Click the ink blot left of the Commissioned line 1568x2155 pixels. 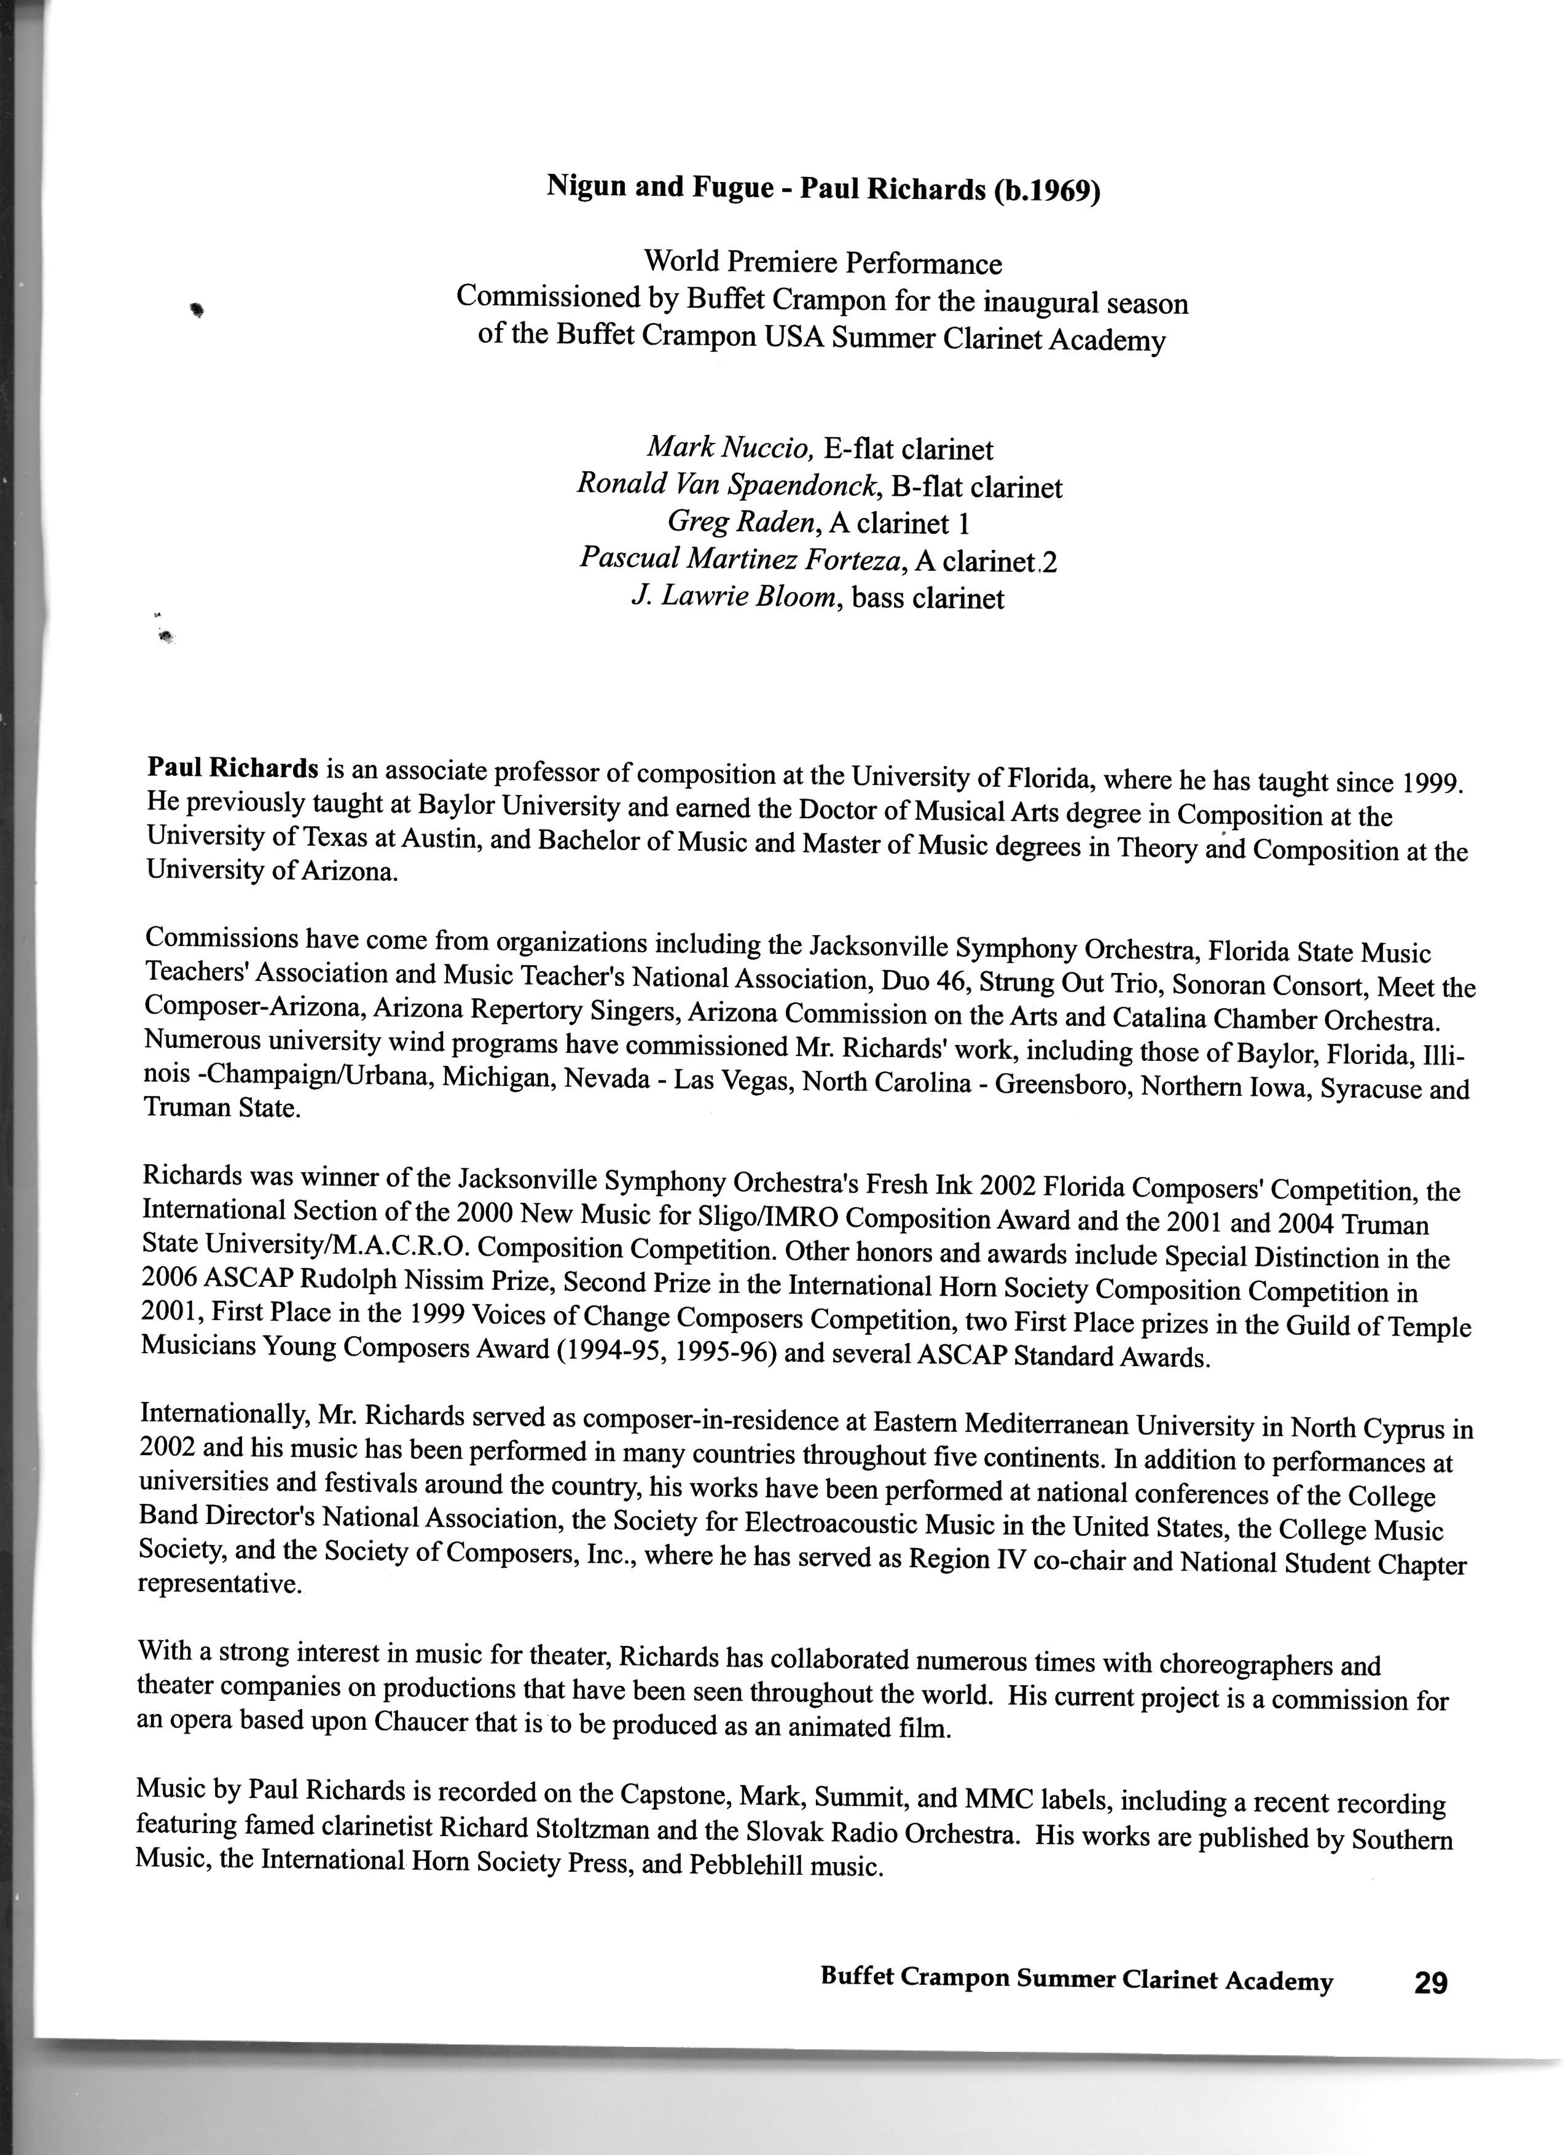198,307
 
